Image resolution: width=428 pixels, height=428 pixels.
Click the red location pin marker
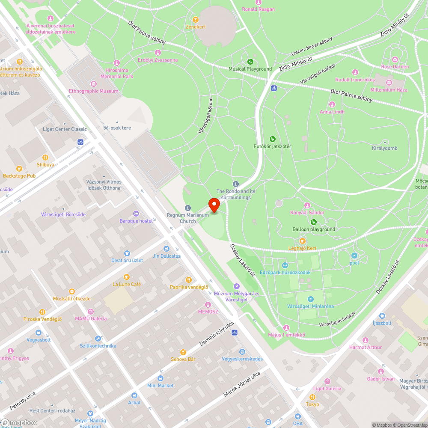coord(214,204)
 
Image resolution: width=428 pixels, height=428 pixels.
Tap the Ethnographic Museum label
coord(93,91)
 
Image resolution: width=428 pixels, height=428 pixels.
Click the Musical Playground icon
coord(250,61)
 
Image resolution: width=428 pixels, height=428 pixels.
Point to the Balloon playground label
coord(314,229)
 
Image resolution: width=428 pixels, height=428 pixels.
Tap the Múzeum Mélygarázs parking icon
coord(237,286)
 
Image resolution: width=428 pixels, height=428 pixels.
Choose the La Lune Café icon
coord(126,276)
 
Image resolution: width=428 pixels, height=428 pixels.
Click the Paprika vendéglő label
coord(189,287)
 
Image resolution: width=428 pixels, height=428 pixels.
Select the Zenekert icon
coord(196,19)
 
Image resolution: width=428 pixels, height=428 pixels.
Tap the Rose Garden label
coord(395,67)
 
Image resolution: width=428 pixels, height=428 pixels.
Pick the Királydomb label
coord(384,149)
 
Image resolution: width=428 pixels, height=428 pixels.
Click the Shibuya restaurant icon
coord(45,157)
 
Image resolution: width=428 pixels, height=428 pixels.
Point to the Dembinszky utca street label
coord(217,334)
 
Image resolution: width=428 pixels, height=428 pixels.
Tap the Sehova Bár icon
coord(183,352)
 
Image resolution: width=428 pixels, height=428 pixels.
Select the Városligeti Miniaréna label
coord(310,306)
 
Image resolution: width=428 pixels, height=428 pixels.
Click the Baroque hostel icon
coord(136,214)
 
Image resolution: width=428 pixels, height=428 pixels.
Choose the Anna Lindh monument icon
coord(332,104)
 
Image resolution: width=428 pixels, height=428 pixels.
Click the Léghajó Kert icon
coord(302,241)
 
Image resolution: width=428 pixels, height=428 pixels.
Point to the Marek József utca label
coord(242,384)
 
